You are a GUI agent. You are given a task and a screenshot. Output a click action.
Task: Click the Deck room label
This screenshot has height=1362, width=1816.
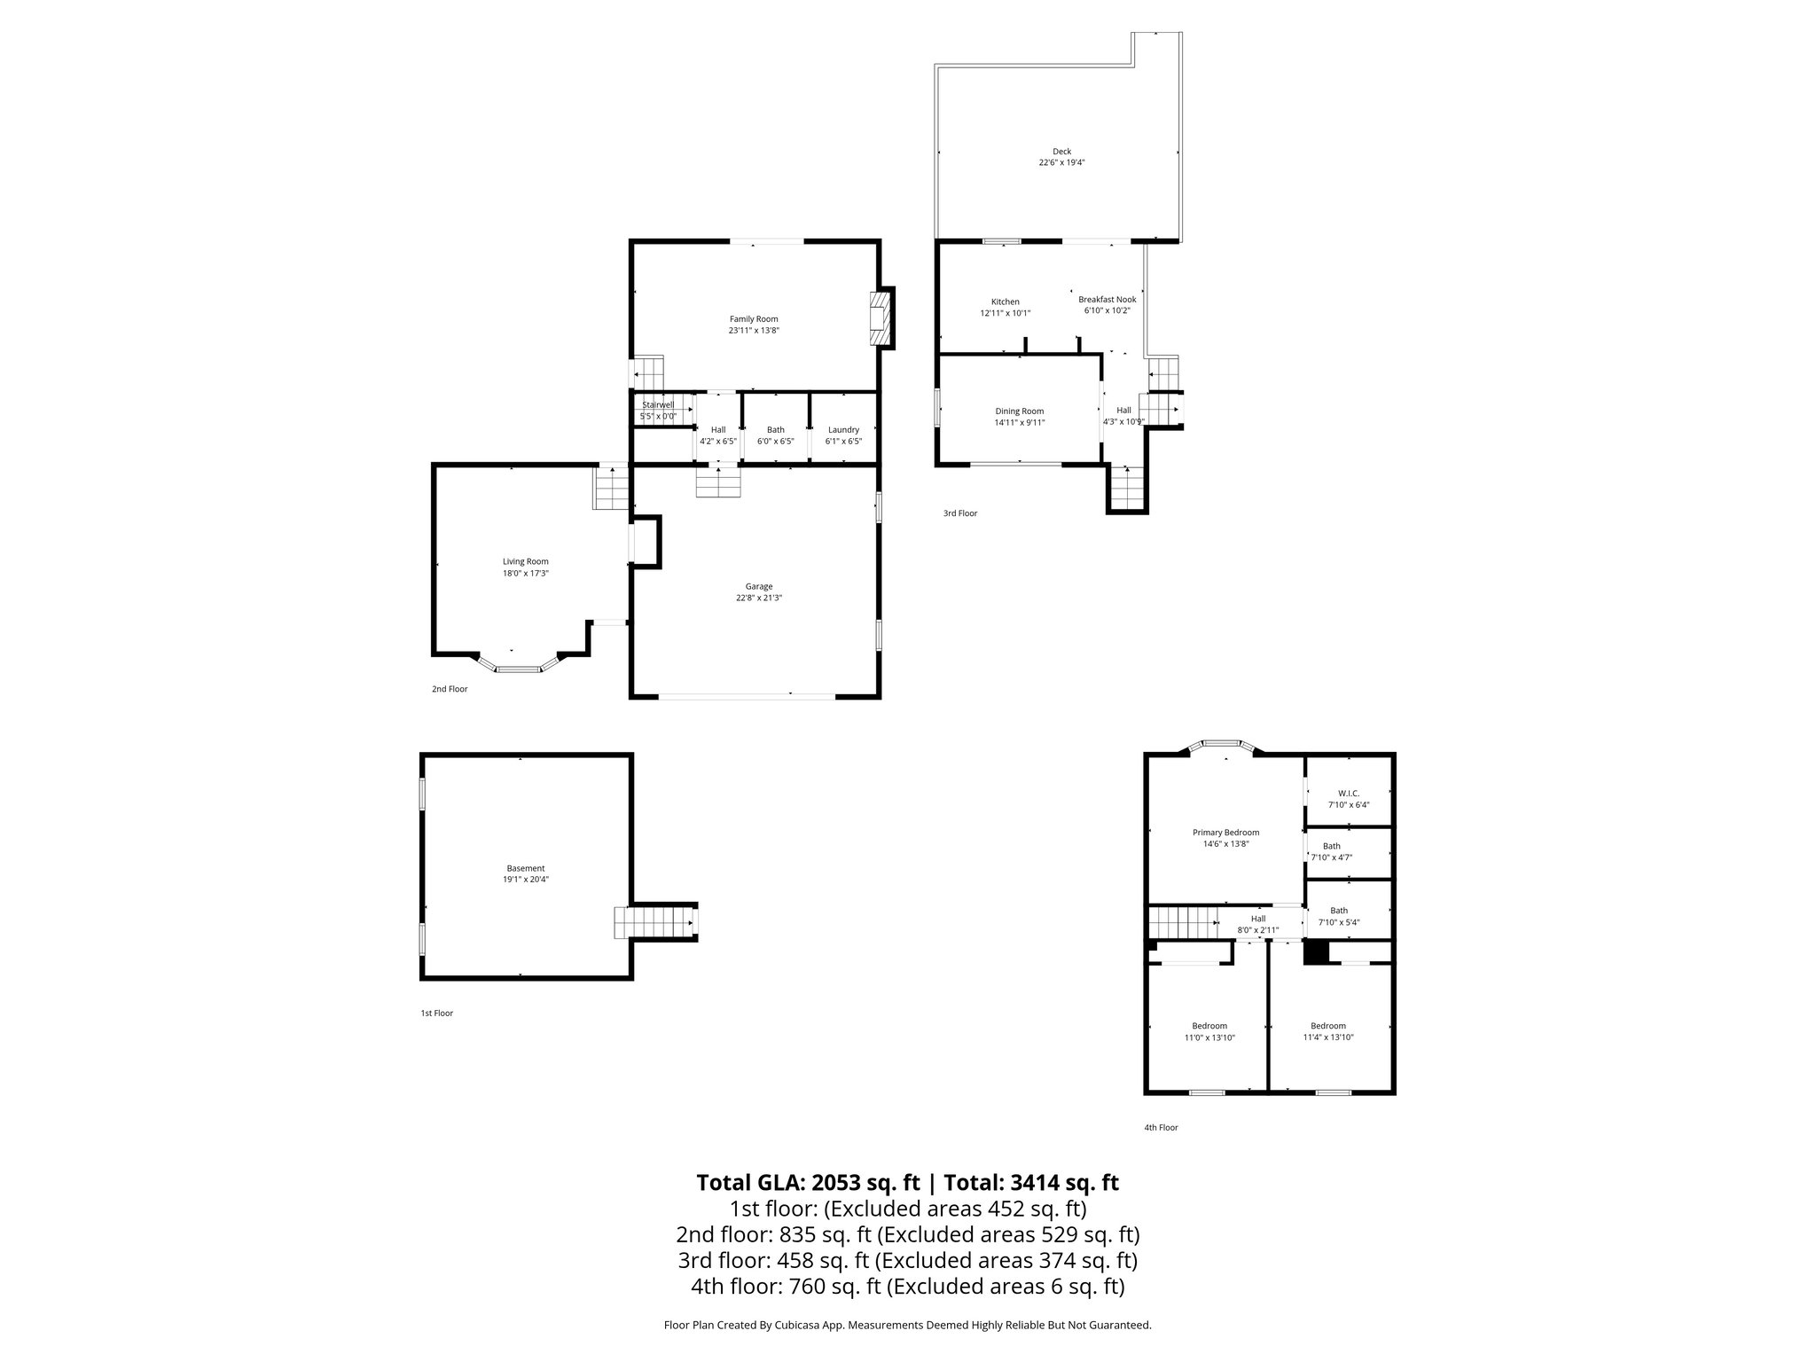pyautogui.click(x=1061, y=152)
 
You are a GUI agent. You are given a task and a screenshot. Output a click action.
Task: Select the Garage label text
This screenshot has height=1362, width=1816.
pyautogui.click(x=758, y=586)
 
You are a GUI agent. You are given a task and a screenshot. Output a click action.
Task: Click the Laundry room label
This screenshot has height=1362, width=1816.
pyautogui.click(x=843, y=430)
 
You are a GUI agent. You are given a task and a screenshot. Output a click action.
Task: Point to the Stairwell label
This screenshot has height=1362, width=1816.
pyautogui.click(x=658, y=405)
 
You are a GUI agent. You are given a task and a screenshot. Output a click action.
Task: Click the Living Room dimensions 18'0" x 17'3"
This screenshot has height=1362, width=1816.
pyautogui.click(x=526, y=574)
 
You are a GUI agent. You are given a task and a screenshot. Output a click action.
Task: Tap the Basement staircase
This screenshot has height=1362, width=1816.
pyautogui.click(x=654, y=922)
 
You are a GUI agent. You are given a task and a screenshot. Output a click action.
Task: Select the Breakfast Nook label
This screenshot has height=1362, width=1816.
pyautogui.click(x=1107, y=300)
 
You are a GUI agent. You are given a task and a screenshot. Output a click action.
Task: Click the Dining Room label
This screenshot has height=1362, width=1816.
pyautogui.click(x=1019, y=411)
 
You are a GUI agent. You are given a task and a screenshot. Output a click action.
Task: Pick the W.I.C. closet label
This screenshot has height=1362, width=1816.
pyautogui.click(x=1348, y=794)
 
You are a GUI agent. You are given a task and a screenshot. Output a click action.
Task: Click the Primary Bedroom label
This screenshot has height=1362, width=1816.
pyautogui.click(x=1225, y=833)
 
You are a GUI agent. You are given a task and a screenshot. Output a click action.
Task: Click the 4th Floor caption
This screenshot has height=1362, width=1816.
pyautogui.click(x=1161, y=1128)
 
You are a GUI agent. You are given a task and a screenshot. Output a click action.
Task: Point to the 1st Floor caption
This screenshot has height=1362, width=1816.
pyautogui.click(x=436, y=1013)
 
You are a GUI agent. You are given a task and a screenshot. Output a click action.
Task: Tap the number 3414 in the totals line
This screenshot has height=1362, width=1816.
pyautogui.click(x=1037, y=1183)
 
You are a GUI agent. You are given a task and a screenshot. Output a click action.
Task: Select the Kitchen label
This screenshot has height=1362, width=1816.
pyautogui.click(x=1005, y=301)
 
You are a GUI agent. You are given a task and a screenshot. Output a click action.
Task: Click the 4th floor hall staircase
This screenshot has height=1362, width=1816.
pyautogui.click(x=1183, y=922)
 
